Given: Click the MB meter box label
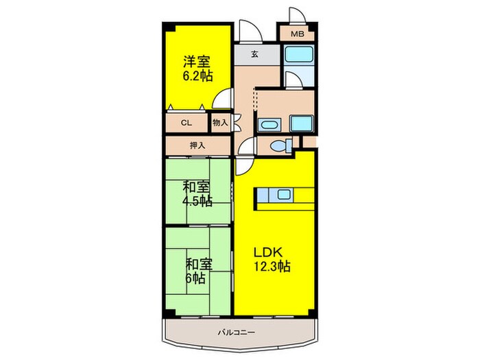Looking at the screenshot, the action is click(x=297, y=34).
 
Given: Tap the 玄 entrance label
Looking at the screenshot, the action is click(x=254, y=54).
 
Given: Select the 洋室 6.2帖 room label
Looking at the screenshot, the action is click(x=197, y=69).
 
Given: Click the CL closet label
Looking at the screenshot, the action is click(x=186, y=123).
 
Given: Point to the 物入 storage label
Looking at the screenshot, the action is click(x=220, y=123).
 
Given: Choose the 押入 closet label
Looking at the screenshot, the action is click(x=197, y=145).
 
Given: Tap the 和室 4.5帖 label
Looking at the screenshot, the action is click(x=197, y=194).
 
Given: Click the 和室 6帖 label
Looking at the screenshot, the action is click(x=199, y=272).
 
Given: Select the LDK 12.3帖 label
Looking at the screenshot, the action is click(x=272, y=260).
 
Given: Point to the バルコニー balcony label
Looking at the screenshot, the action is click(x=237, y=333).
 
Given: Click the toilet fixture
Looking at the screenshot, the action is click(x=281, y=145).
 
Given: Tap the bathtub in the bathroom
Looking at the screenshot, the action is click(x=299, y=55).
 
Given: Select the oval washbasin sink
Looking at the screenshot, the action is click(x=269, y=125).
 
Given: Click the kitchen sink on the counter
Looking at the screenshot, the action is click(x=283, y=194).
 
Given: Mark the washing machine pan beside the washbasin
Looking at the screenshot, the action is click(x=301, y=124).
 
